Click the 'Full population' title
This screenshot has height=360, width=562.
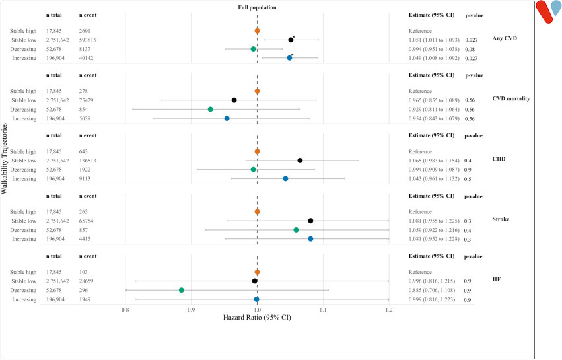[x=257, y=7]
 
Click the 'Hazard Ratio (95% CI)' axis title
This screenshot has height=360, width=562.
[x=257, y=317]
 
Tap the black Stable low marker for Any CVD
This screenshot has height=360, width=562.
[x=291, y=40]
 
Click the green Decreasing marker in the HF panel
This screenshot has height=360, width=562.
[x=182, y=290]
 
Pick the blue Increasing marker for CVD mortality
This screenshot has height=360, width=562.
[x=227, y=118]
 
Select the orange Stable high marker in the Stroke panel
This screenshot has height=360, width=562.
[x=257, y=211]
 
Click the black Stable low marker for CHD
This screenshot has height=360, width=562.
[x=300, y=161]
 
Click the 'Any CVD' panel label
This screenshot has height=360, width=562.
[x=504, y=39]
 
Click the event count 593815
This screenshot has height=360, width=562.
[x=91, y=40]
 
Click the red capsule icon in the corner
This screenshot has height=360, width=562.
[x=543, y=12]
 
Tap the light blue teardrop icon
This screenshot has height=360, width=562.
[x=556, y=10]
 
